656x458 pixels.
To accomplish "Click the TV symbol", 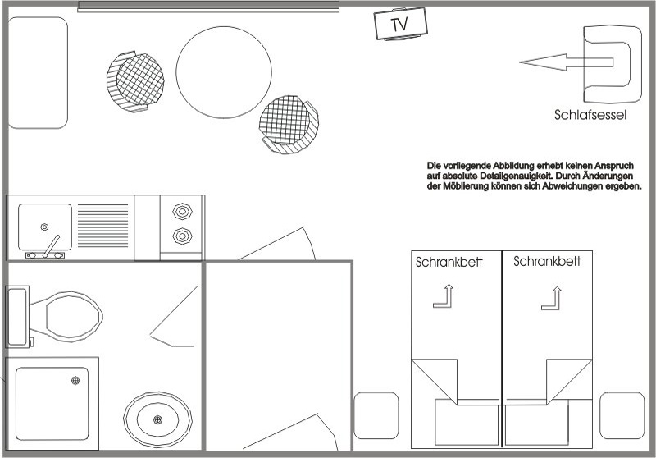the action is (x=400, y=24).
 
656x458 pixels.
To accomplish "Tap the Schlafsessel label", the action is (x=590, y=115).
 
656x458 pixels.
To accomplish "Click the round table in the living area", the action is (x=224, y=72).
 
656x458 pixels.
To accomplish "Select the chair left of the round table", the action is (x=135, y=82).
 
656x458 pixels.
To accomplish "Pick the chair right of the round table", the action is (x=289, y=124).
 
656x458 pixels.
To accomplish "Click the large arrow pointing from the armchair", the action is (x=566, y=62).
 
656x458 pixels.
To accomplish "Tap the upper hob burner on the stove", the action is (x=182, y=212).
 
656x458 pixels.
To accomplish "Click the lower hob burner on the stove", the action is (x=182, y=236).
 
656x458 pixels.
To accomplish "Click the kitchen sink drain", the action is (x=44, y=227).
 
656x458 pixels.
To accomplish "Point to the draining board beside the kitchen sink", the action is (x=103, y=226).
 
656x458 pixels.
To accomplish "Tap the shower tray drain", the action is (x=75, y=380).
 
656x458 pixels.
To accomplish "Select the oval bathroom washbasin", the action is (x=157, y=419).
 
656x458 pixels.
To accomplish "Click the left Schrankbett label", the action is (x=449, y=263).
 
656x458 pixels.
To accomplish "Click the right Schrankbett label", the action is (x=547, y=262).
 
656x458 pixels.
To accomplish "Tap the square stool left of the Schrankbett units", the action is (x=376, y=415).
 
